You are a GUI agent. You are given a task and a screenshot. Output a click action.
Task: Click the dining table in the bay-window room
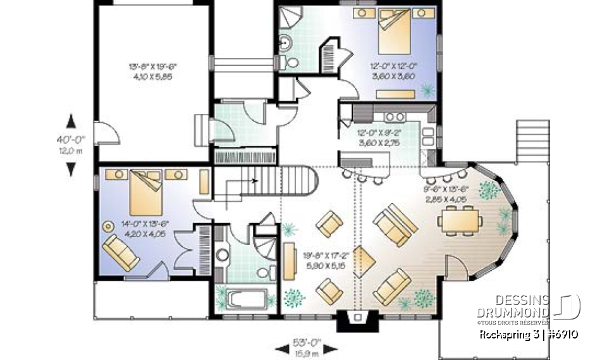tap(460, 221)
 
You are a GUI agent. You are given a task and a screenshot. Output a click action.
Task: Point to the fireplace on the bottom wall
tap(357, 321)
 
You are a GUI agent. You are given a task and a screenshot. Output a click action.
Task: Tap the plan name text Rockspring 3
tap(506, 335)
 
